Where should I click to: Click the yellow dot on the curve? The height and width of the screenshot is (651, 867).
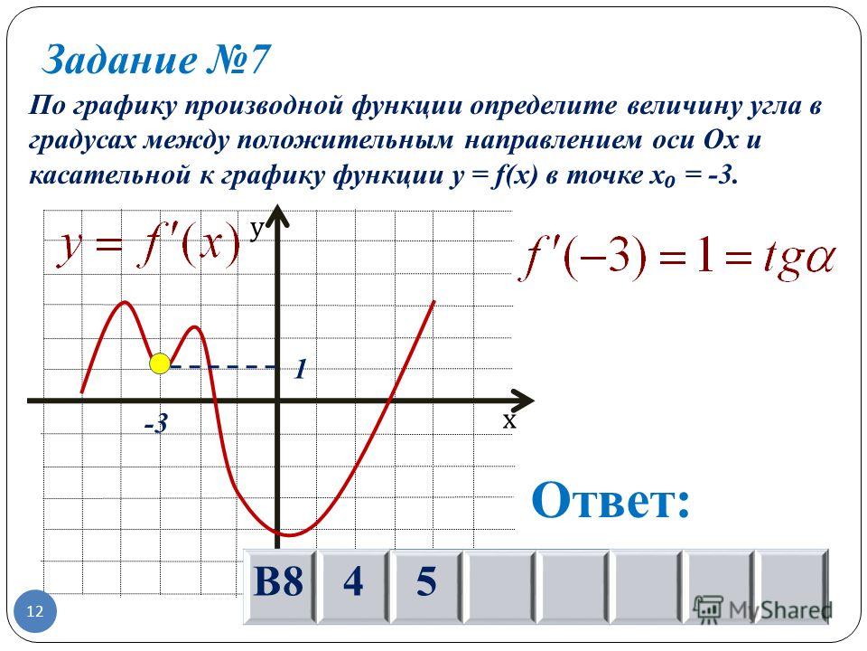coord(160,363)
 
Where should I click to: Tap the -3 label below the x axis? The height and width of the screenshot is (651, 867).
coord(155,425)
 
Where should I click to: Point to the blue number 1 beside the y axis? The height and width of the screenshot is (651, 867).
coord(300,369)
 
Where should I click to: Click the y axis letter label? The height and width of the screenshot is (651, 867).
coord(256,229)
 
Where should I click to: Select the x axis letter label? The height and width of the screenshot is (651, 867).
coord(509,421)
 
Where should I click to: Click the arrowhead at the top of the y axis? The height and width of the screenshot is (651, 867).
coord(278,215)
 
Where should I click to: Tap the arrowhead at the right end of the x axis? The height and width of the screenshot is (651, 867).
coord(523,401)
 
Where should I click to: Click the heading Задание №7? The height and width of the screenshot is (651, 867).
coord(156,60)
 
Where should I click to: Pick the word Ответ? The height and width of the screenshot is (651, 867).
coord(611,500)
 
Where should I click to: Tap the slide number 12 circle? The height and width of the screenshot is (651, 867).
coord(35,611)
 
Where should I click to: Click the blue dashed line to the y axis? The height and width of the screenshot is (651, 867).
coord(222,366)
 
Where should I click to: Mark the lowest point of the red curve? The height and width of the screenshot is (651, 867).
coord(289,535)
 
